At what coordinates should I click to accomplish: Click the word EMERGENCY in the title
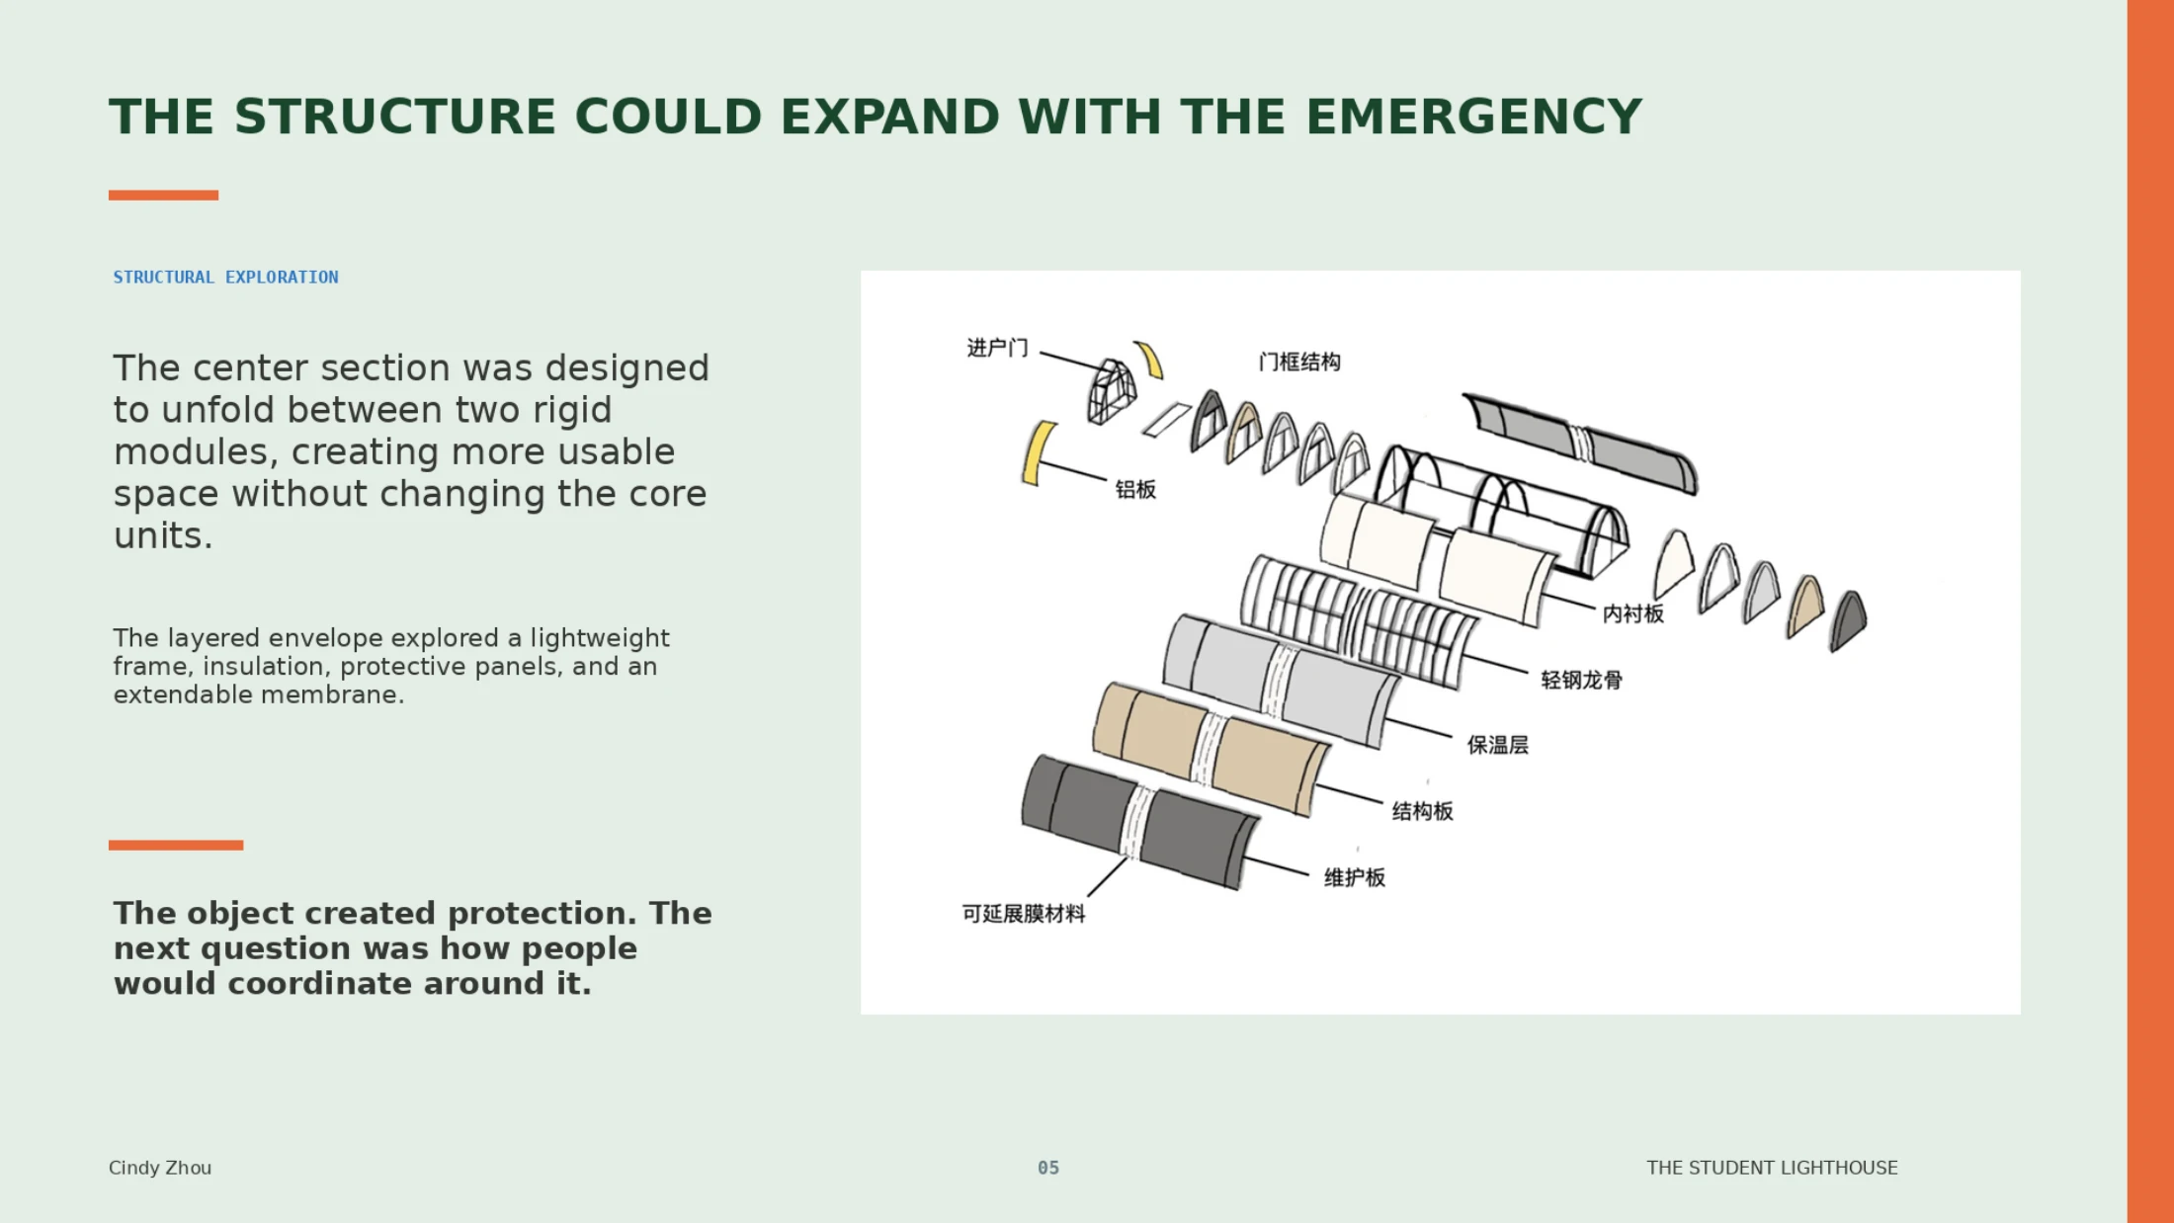point(1473,117)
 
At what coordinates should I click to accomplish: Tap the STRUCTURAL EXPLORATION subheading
point(225,278)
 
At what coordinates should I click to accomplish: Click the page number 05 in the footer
point(1048,1168)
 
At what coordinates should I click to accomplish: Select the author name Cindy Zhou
point(160,1168)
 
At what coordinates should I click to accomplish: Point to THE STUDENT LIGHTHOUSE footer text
point(1772,1168)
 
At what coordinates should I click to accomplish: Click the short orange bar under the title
point(163,196)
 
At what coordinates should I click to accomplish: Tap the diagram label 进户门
point(997,348)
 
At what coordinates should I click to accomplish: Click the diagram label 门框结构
point(1299,363)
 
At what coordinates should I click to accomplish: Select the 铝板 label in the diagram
point(1135,490)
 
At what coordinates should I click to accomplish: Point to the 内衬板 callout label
point(1633,614)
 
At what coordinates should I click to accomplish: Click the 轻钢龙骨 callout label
point(1582,681)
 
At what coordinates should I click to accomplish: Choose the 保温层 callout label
point(1498,746)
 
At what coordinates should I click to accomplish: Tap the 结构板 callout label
point(1423,812)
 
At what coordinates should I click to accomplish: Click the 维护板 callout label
point(1355,878)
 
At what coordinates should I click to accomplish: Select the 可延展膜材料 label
point(1024,915)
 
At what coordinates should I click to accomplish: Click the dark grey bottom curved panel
point(1138,823)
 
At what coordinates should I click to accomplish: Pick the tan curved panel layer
point(1211,749)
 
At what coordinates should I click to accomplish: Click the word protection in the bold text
point(539,914)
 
